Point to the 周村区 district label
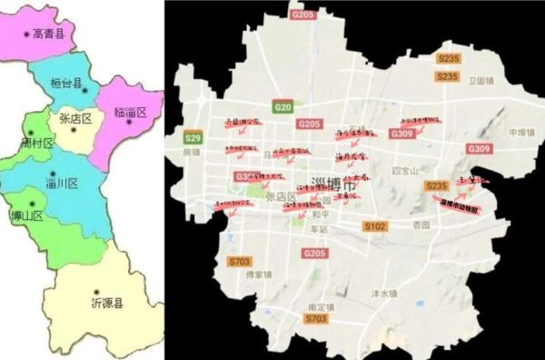pyautogui.click(x=37, y=144)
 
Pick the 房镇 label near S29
pyautogui.click(x=190, y=154)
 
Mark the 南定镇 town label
pyautogui.click(x=322, y=307)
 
